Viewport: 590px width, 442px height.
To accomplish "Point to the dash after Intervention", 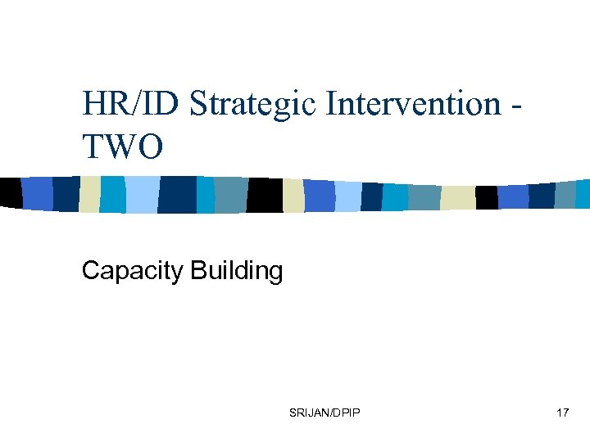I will tap(517, 106).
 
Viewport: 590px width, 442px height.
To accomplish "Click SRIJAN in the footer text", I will tap(307, 413).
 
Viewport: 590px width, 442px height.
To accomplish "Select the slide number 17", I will tap(562, 413).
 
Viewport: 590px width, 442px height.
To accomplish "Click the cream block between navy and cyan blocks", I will tap(89, 194).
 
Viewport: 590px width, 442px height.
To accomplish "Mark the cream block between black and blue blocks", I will tap(293, 195).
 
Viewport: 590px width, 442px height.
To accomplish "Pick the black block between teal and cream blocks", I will tap(265, 195).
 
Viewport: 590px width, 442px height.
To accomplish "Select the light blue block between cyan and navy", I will tap(141, 194).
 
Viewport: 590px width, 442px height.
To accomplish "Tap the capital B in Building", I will tap(197, 271).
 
